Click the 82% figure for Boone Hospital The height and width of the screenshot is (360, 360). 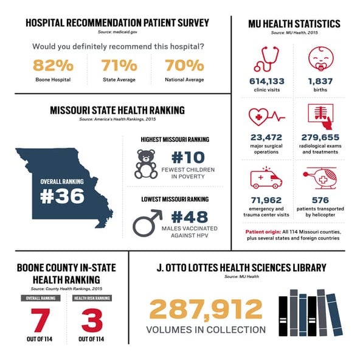[x=54, y=66]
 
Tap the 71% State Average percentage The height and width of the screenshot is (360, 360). [x=119, y=66]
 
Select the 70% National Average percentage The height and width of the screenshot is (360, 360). [x=184, y=66]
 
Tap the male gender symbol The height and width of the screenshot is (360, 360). [x=146, y=223]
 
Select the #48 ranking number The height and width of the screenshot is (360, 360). [x=189, y=217]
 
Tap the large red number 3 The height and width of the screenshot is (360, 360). [x=92, y=319]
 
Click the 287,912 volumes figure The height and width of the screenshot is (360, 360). [x=206, y=310]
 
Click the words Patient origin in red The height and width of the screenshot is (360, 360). [x=261, y=232]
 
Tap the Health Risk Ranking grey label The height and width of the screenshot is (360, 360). [x=92, y=298]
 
